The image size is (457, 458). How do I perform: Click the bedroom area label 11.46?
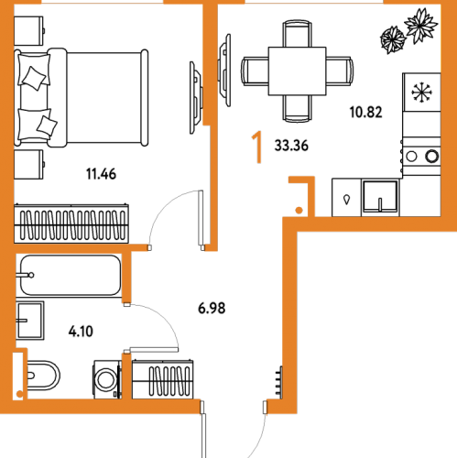click(101, 174)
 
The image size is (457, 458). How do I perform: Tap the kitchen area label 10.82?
click(365, 112)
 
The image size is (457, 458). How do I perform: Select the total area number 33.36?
click(291, 146)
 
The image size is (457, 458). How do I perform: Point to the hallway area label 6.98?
click(212, 308)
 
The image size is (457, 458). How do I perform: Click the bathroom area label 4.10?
click(81, 332)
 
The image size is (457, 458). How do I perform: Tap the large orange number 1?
click(257, 147)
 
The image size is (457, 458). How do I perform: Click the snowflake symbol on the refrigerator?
click(422, 92)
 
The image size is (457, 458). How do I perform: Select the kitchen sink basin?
click(380, 196)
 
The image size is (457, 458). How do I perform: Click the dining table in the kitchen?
click(297, 71)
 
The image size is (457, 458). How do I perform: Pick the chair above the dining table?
click(297, 34)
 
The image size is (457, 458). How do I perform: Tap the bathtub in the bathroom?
click(71, 275)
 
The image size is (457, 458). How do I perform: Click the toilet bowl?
click(42, 376)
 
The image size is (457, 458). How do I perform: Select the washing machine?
click(107, 379)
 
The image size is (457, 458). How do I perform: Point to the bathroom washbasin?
click(30, 321)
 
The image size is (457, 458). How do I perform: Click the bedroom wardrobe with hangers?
click(71, 224)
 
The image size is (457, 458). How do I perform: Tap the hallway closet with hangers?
click(162, 379)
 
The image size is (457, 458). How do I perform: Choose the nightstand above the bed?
click(28, 31)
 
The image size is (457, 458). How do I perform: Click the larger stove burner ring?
click(431, 156)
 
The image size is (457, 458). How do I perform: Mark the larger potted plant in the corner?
click(420, 25)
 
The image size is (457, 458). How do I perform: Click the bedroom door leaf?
click(201, 218)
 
